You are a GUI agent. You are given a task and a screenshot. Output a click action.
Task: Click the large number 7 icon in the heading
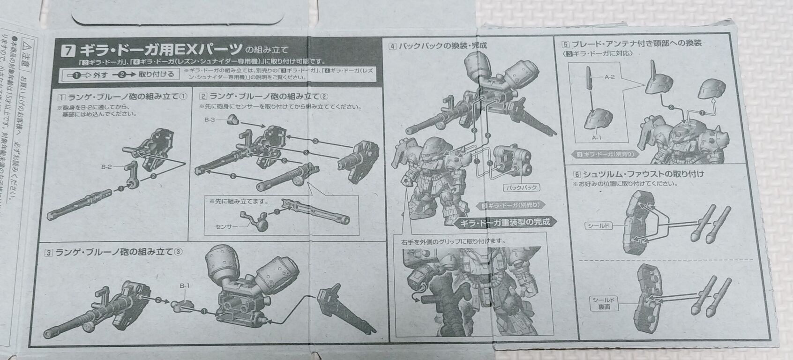69,49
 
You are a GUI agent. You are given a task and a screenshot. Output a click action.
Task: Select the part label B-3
210,120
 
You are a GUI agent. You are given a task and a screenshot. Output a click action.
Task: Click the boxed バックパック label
521,187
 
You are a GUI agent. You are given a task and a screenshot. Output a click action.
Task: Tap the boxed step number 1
61,97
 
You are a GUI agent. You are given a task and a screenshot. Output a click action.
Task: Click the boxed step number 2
203,96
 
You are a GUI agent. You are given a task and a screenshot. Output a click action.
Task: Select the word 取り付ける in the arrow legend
156,74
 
